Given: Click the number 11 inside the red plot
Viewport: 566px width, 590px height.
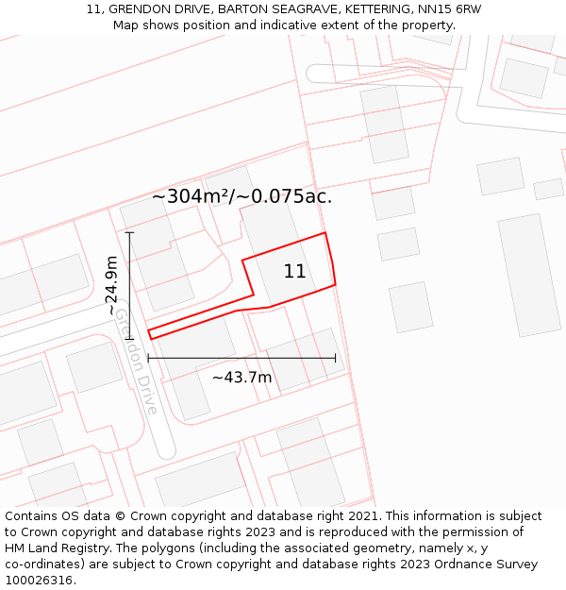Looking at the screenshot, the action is coord(294,272).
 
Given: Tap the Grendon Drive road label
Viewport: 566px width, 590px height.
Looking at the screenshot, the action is coord(136,362).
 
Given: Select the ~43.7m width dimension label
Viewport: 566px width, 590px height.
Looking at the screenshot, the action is coord(241,378).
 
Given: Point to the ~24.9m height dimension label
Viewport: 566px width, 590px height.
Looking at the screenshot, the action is coord(111,285).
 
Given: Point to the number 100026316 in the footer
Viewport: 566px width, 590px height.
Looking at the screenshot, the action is coord(39,581).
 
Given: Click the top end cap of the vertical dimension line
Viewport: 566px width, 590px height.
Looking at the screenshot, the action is coord(129,232).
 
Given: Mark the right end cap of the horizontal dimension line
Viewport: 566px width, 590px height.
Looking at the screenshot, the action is coord(335,358).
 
